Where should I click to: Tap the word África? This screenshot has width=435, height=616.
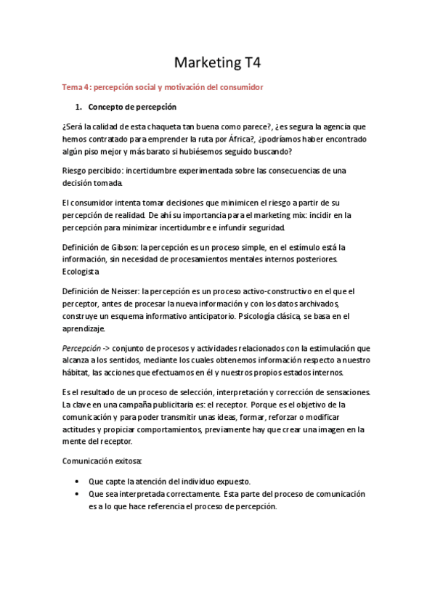click(263, 139)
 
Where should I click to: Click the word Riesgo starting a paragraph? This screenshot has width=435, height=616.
click(76, 170)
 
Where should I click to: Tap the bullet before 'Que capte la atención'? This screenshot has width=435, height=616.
click(78, 482)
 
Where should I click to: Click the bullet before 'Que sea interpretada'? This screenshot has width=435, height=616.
click(78, 494)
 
